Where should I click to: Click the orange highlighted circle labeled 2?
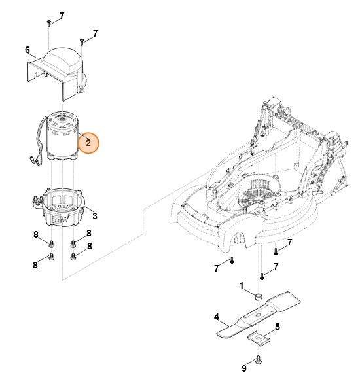[88, 143]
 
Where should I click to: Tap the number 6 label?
[27, 50]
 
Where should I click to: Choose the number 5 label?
[277, 326]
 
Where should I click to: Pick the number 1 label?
[241, 285]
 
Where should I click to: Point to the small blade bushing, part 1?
[259, 297]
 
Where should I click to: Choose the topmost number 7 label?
[62, 14]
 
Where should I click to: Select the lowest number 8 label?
[35, 264]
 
